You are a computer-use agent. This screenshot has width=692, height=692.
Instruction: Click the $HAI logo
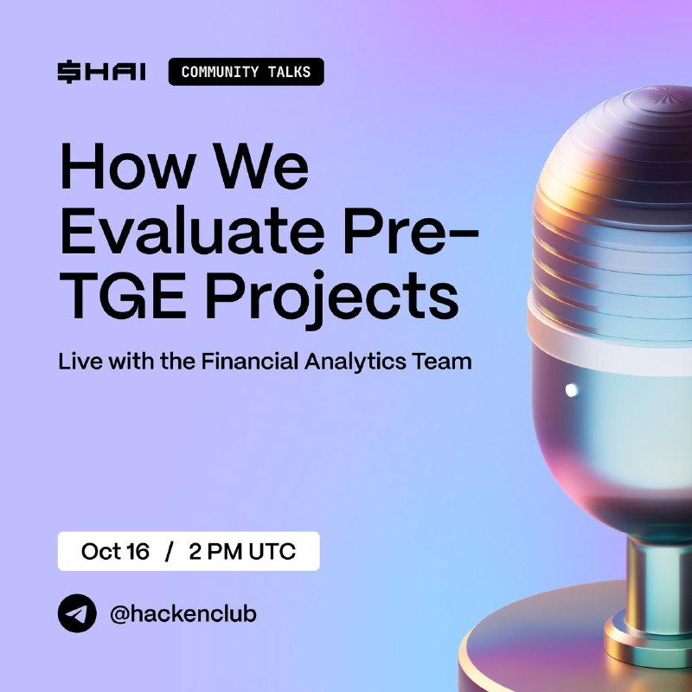[x=101, y=72]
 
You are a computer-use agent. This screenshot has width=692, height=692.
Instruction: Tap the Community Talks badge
[x=247, y=72]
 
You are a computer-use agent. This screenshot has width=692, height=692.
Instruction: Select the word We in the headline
[x=263, y=166]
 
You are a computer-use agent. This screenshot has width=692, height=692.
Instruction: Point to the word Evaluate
[x=192, y=231]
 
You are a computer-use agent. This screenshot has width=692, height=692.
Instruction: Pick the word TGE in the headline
[x=122, y=295]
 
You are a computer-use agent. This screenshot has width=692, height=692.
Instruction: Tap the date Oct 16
[x=115, y=551]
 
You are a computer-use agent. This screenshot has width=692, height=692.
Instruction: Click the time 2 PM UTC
[x=242, y=551]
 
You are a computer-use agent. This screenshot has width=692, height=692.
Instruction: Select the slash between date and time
[x=169, y=552]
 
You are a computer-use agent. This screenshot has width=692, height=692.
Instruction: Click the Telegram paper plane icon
[x=77, y=613]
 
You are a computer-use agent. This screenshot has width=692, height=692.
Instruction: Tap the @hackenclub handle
[x=183, y=614]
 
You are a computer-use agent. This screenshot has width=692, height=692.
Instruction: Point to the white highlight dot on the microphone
[x=571, y=390]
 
